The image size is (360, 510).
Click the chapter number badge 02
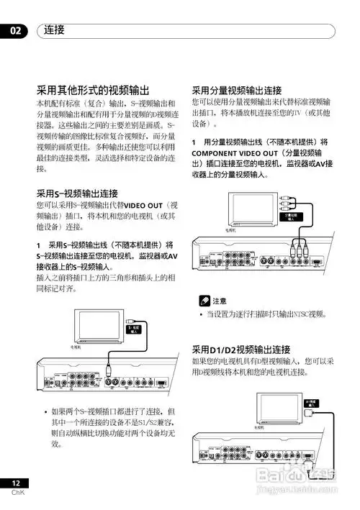click(x=14, y=31)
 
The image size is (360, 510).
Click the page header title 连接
click(x=54, y=30)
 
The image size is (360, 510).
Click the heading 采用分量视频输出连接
click(x=236, y=91)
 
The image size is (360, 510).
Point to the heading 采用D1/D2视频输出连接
click(x=240, y=349)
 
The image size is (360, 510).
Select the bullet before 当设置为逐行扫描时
click(x=201, y=314)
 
